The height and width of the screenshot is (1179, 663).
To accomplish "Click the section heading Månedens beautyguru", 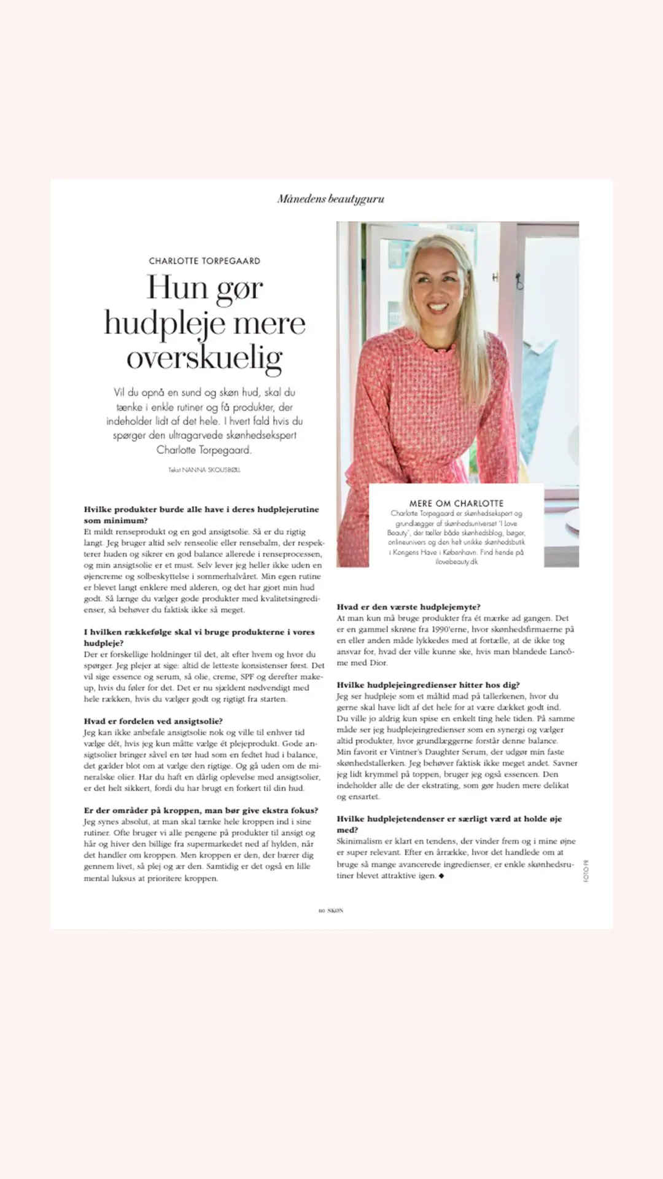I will (x=331, y=199).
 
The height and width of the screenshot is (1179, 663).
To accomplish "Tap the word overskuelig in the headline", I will (x=204, y=358).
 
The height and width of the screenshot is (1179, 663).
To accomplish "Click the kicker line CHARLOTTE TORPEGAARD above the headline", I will (x=204, y=261).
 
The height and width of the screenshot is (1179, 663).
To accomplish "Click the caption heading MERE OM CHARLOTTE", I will (x=456, y=503).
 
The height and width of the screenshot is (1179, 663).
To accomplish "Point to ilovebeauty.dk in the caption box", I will (x=456, y=562).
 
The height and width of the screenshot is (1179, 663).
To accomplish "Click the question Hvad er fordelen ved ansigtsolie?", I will (x=153, y=721).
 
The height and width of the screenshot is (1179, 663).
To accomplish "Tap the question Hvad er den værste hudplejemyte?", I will (x=408, y=607).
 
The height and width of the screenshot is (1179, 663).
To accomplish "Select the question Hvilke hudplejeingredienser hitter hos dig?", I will (x=428, y=685).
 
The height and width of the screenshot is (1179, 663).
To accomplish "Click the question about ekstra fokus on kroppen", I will (x=201, y=811).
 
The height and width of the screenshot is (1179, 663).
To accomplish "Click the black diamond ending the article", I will (x=441, y=876).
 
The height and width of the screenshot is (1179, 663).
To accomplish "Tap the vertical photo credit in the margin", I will (x=586, y=871).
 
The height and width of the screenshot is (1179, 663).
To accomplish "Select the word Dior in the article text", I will (x=378, y=663).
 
